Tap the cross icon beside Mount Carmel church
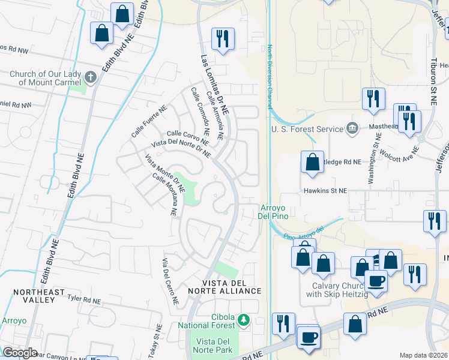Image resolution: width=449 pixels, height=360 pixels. [91, 77]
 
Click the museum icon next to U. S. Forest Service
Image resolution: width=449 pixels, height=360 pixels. [352, 128]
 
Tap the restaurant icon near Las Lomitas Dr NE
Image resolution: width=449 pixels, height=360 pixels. [223, 39]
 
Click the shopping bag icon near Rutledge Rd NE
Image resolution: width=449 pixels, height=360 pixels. [312, 162]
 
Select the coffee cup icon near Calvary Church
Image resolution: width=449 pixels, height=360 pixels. [376, 281]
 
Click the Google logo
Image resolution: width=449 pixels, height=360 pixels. [20, 353]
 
